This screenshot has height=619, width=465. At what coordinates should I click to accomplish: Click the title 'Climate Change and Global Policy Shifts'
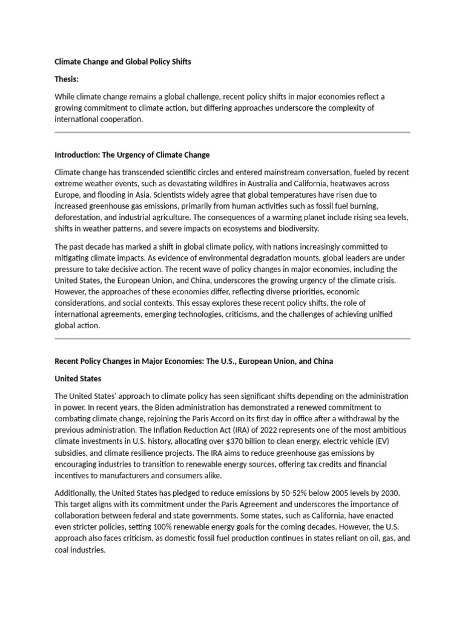pyautogui.click(x=123, y=62)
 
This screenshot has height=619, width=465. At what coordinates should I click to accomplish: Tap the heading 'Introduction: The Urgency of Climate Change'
pyautogui.click(x=132, y=155)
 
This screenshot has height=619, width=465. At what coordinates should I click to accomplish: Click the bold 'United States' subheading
pyautogui.click(x=78, y=378)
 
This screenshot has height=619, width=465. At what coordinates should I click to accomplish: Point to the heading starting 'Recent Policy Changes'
pyautogui.click(x=194, y=361)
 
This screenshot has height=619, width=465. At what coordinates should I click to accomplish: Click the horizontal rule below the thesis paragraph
pyautogui.click(x=232, y=132)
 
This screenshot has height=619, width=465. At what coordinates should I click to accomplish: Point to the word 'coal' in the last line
pyautogui.click(x=63, y=549)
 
